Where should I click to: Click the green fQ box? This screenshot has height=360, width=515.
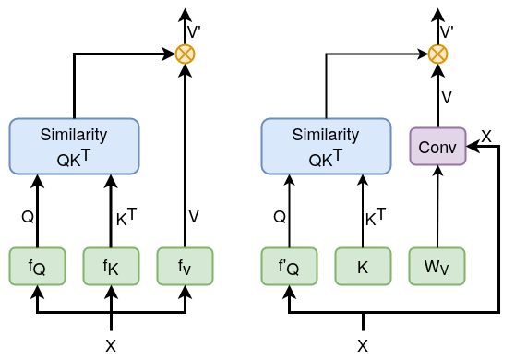pos(37,267)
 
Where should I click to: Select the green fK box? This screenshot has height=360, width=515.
pos(111,267)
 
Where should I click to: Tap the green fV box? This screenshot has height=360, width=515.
pos(185,267)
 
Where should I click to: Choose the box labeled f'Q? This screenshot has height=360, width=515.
pos(289,267)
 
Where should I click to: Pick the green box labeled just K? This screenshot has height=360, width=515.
pos(363,267)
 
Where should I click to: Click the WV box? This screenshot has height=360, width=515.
pos(437,267)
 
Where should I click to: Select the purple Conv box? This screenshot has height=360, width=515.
pos(437,147)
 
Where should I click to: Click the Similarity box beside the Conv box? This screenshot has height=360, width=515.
pos(326,146)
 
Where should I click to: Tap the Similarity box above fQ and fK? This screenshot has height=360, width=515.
pos(74,146)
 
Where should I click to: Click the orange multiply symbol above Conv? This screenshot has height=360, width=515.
pos(437,54)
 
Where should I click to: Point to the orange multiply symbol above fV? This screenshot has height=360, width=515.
pos(186,54)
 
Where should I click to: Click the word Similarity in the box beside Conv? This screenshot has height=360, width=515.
pos(326,135)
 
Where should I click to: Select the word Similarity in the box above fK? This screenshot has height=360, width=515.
pos(74,135)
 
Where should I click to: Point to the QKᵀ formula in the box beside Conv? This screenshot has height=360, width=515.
pos(326,158)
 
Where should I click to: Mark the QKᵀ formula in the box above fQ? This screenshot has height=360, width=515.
pos(74,158)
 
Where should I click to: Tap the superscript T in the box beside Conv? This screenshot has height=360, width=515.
pos(338,154)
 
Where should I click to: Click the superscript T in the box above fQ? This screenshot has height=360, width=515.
pos(86,154)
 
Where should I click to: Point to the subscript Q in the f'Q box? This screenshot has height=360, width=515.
pos(293,270)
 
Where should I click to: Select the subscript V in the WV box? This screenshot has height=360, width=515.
pos(444,270)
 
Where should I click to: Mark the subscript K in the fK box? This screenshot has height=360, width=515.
pos(114,270)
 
